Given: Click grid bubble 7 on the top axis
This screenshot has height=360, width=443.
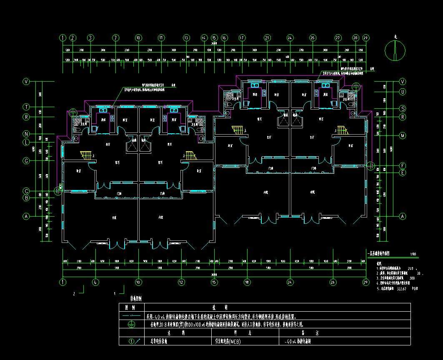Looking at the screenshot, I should [115, 37].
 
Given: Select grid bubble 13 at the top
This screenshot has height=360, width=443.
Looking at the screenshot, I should [186, 37].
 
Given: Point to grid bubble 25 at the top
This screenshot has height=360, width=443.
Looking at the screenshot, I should [313, 37].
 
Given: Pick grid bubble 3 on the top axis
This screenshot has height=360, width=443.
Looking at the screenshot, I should [90, 37].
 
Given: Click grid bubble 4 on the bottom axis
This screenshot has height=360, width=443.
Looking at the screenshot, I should [95, 282].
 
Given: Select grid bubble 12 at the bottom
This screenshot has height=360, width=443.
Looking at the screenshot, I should [181, 282].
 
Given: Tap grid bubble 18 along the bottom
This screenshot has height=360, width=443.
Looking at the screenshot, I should [247, 282].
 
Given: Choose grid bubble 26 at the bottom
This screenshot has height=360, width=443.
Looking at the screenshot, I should [333, 282].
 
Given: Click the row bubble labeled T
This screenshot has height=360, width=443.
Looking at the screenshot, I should [26, 107].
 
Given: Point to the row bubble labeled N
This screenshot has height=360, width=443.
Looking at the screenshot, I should [26, 134].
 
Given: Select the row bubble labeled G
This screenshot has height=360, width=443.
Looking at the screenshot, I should [26, 160].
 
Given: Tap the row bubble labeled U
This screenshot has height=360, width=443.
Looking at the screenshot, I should [403, 91].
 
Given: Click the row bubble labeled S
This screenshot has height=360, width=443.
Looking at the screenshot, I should [403, 109].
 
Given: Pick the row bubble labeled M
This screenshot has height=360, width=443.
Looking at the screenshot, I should [403, 136].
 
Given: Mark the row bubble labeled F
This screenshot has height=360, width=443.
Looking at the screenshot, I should [403, 165].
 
